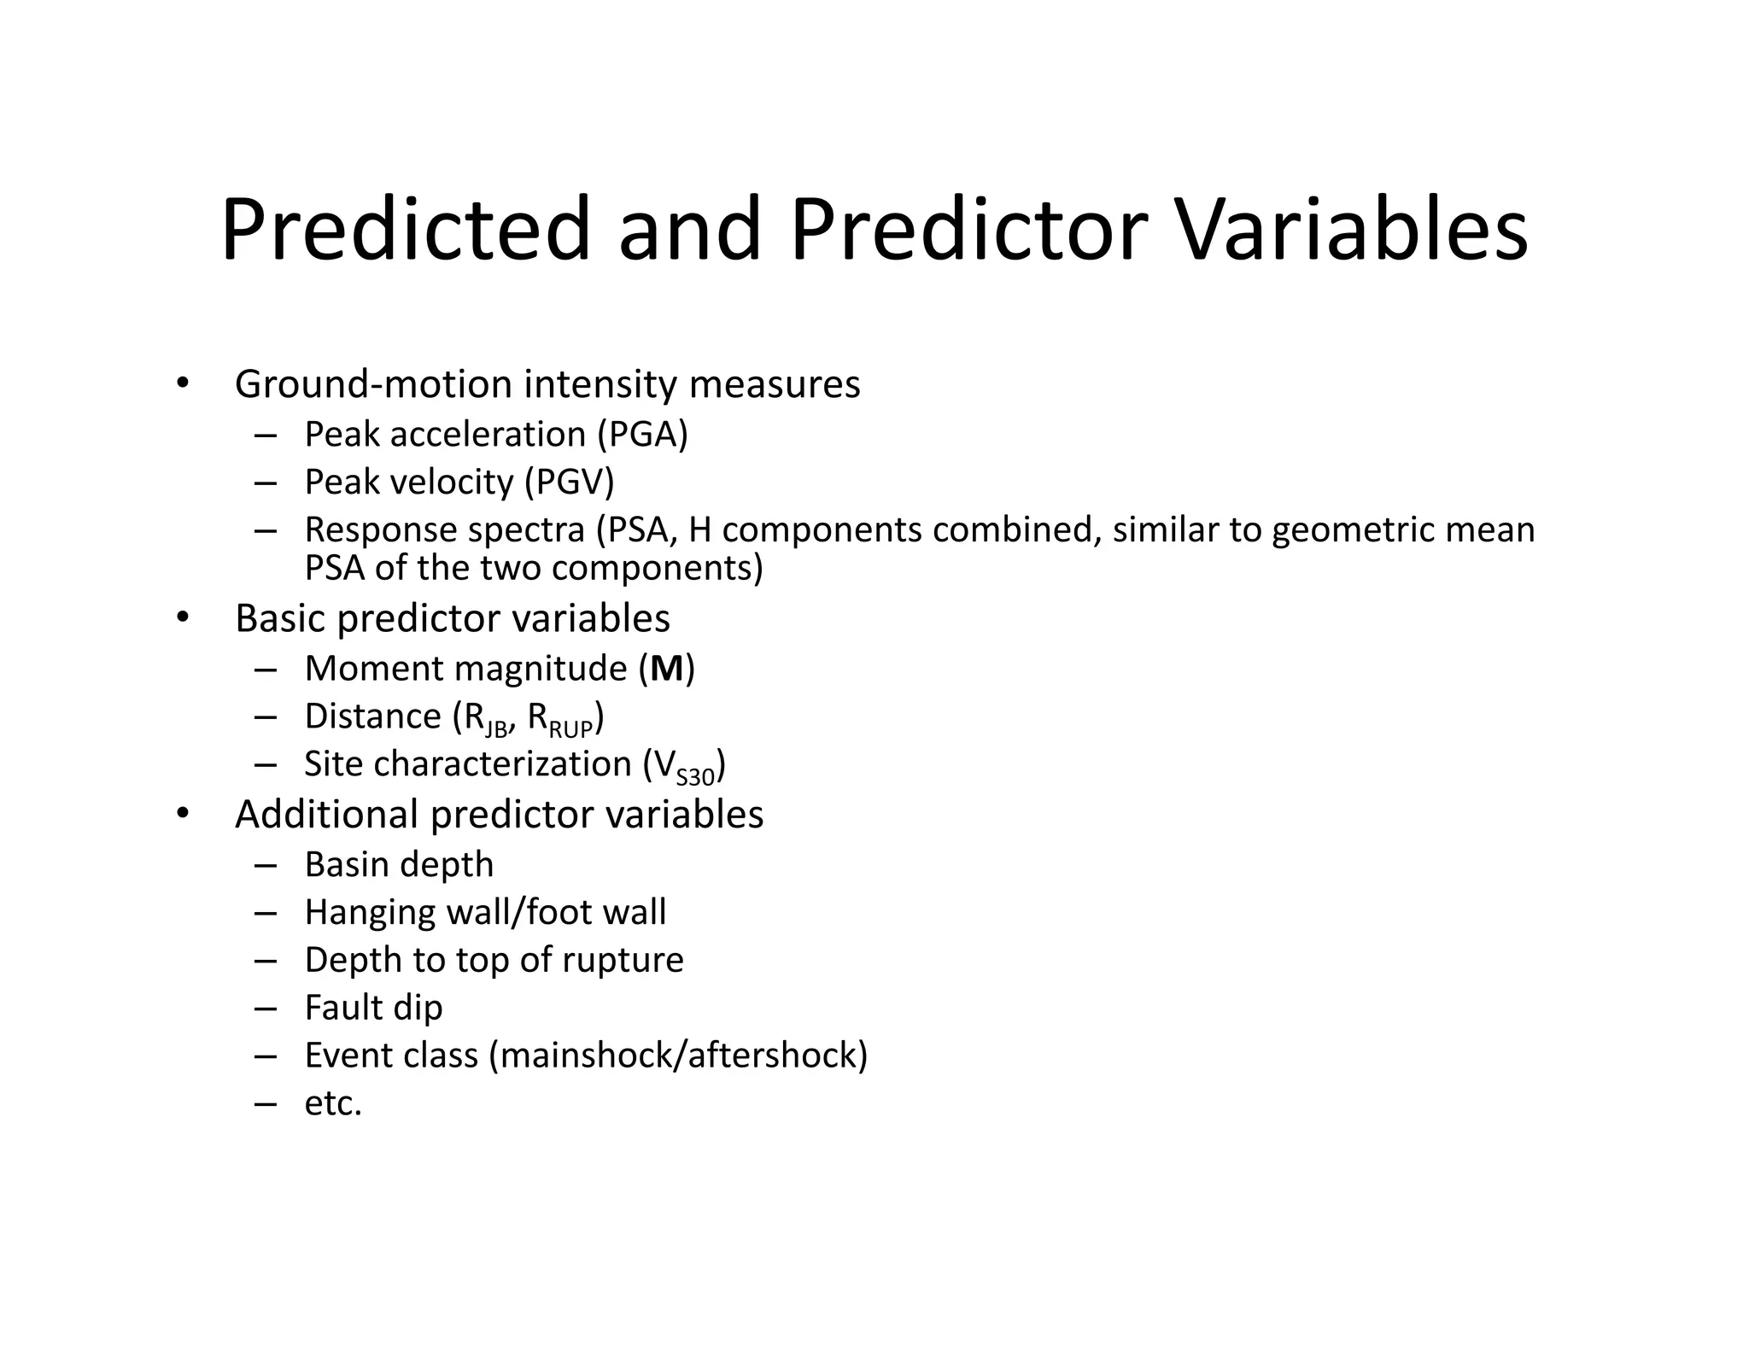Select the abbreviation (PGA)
[x=642, y=435]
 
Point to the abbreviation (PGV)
[x=569, y=482]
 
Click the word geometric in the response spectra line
[x=1353, y=530]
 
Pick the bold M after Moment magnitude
[x=667, y=669]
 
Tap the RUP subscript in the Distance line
[x=570, y=729]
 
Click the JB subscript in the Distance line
[x=496, y=729]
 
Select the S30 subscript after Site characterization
[x=695, y=777]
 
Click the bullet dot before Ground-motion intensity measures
[x=181, y=383]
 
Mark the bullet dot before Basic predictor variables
[x=181, y=617]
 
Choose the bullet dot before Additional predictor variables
[x=181, y=814]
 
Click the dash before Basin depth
[x=266, y=865]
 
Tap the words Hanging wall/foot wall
[x=485, y=913]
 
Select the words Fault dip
[x=373, y=1009]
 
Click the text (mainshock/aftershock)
[x=678, y=1056]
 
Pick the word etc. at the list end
[x=333, y=1104]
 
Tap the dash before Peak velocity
[x=266, y=482]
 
